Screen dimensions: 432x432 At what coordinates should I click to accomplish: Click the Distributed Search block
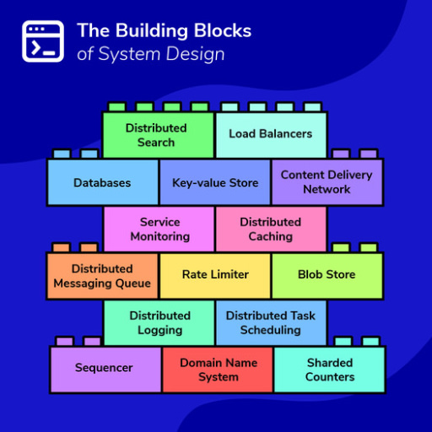pos(157,135)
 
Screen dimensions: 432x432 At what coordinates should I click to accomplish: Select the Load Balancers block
pos(270,134)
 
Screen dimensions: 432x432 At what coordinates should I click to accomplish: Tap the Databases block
pos(102,182)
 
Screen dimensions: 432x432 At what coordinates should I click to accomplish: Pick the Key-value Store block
pos(215,182)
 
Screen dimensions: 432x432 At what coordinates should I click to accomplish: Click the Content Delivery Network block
pos(327,182)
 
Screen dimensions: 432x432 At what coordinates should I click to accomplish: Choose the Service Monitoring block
pos(159,229)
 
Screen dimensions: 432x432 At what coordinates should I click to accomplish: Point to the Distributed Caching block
pos(270,229)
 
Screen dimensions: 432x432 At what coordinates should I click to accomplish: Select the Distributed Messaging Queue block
pos(102,276)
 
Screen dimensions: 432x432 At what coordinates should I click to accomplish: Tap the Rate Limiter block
pos(215,275)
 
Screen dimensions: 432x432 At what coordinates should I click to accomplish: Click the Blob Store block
pos(327,275)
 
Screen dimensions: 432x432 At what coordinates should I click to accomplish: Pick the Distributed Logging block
pos(159,322)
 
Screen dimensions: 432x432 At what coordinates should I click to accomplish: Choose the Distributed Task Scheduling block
pos(270,322)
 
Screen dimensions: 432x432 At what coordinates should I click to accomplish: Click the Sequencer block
pos(105,369)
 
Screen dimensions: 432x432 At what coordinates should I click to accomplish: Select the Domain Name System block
pos(218,369)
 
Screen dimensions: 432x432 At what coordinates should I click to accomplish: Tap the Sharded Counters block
pos(329,369)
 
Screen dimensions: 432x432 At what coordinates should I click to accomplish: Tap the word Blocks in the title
pos(221,31)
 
